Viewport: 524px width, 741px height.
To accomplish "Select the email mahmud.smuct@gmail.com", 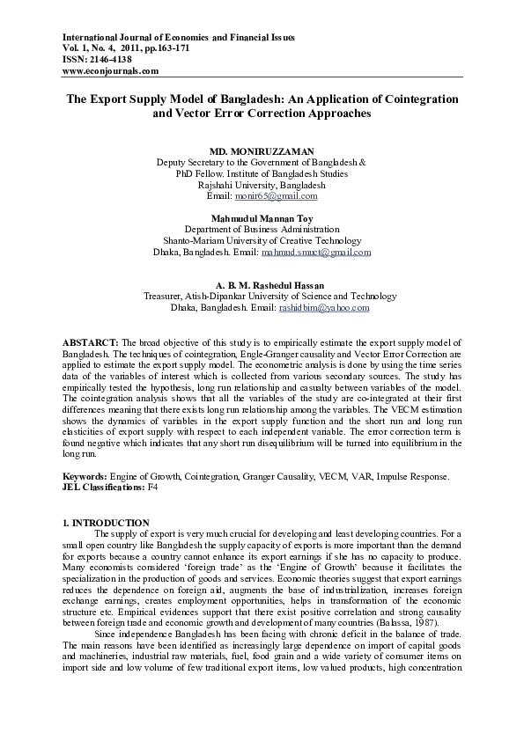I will [x=316, y=252].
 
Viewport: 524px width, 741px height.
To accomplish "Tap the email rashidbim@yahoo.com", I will [x=323, y=308].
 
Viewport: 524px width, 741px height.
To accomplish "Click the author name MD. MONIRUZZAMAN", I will [x=262, y=152].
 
